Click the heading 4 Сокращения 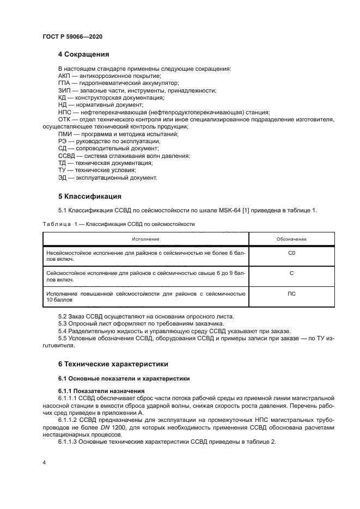(x=84, y=54)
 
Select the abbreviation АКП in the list (x=64, y=76)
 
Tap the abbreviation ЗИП (x=64, y=90)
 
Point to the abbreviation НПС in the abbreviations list (x=65, y=112)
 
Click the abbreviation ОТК (x=64, y=119)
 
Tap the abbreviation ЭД (x=63, y=177)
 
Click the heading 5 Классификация (x=89, y=197)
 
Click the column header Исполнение (x=145, y=239)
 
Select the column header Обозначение (x=291, y=239)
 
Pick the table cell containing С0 (x=291, y=253)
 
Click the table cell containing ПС (x=291, y=293)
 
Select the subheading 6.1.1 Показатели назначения (x=101, y=391)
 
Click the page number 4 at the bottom (x=44, y=462)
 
